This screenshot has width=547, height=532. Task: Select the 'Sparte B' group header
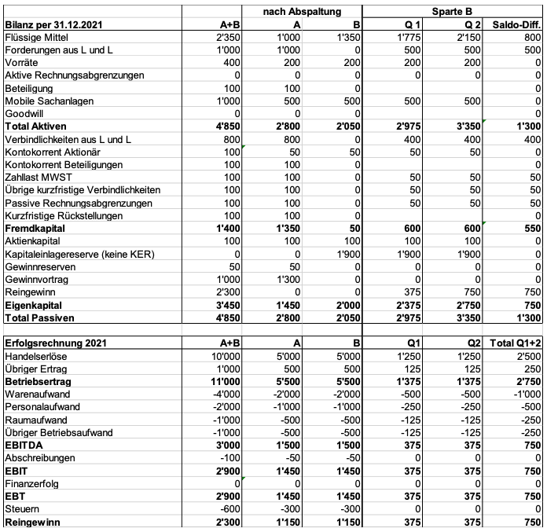(x=452, y=10)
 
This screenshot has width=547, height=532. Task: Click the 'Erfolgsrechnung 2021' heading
(x=57, y=343)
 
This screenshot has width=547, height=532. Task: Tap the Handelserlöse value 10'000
(x=225, y=356)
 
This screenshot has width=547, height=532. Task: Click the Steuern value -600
(x=230, y=509)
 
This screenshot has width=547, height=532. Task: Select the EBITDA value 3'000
(x=227, y=446)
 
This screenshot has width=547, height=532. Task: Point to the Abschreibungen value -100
(x=230, y=458)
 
